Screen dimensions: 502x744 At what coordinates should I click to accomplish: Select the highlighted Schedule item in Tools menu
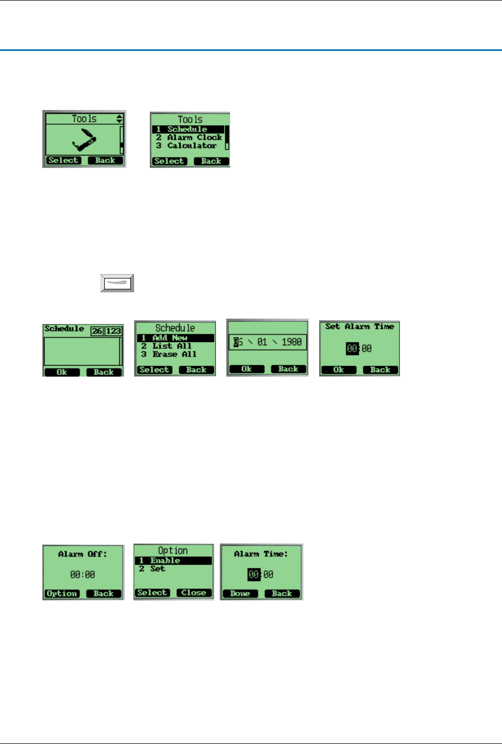[187, 130]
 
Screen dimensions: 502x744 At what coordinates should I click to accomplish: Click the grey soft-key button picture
[117, 283]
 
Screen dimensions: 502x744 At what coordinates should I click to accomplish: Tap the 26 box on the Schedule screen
[97, 331]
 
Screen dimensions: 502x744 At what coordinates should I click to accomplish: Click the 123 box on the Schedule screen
[113, 331]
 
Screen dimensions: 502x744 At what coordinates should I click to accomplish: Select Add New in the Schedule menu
[169, 338]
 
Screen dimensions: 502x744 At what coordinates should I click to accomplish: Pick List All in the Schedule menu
[171, 346]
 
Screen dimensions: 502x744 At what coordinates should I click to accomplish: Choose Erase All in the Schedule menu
[174, 354]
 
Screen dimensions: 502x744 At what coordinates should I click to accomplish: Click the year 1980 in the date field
[291, 342]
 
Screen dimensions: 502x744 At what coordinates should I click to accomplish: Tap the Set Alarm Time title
[359, 327]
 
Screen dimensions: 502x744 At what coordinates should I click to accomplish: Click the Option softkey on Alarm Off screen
[62, 593]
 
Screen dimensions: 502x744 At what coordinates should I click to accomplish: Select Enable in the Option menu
[165, 560]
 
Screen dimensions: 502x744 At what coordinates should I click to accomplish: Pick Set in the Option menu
[157, 568]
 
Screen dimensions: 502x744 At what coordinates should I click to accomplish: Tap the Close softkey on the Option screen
[194, 593]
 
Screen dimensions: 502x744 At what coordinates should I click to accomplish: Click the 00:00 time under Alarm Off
[82, 574]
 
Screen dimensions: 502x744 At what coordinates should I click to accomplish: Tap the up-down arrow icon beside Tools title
[119, 119]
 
